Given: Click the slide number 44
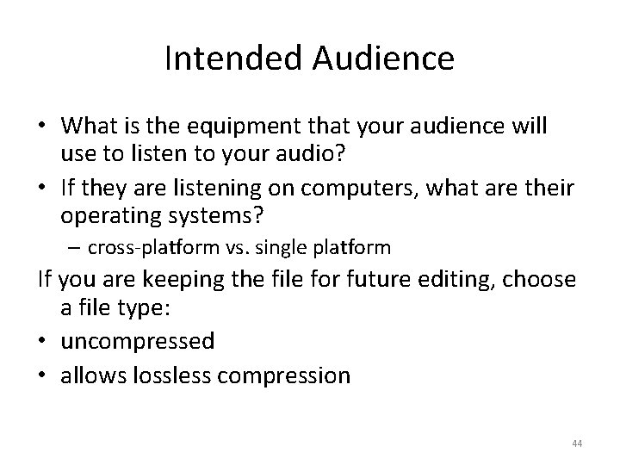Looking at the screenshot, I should click(576, 443).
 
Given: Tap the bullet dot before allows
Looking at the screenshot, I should click(41, 375).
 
